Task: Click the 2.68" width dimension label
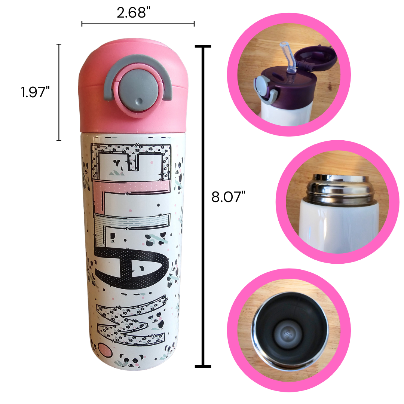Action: (x=133, y=13)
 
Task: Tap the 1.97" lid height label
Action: (x=35, y=92)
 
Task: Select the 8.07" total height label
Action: (x=228, y=197)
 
